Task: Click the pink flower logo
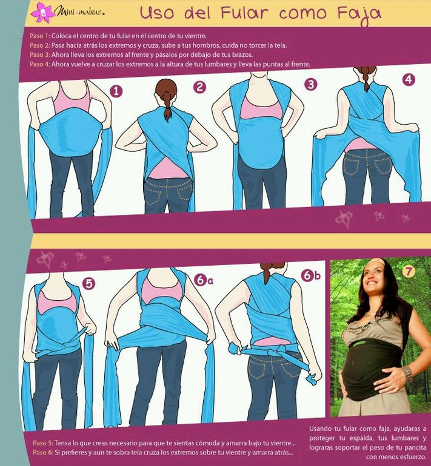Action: (x=42, y=13)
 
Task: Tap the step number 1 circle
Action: (x=116, y=91)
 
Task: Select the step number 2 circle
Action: (x=199, y=87)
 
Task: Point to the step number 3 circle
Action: (x=311, y=84)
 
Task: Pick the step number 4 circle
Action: (x=409, y=79)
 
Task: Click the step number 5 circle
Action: (x=89, y=284)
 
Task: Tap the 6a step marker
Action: (x=204, y=280)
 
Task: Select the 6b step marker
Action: (x=311, y=275)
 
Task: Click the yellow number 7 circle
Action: (x=409, y=271)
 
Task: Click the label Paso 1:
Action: (x=40, y=36)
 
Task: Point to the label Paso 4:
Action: (x=40, y=64)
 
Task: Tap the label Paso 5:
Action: (x=43, y=443)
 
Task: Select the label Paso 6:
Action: (x=43, y=452)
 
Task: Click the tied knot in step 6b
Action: (x=273, y=352)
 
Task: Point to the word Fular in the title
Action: (x=245, y=13)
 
